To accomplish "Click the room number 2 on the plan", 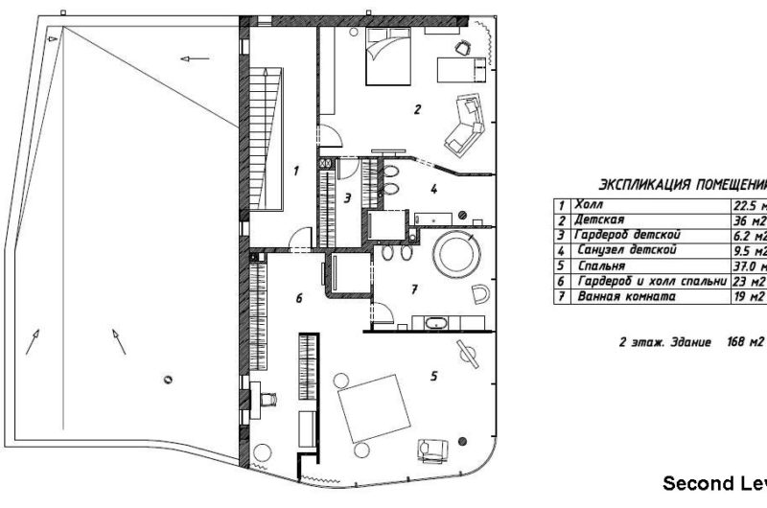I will point(417,109).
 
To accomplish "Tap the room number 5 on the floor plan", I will point(433,377).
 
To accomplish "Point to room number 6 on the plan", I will point(298,299).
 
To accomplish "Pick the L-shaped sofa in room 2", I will point(466,123).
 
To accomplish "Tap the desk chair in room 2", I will point(463,45).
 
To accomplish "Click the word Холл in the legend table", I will point(584,205).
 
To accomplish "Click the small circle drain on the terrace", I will point(169,377).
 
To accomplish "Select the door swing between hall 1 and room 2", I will point(327,136).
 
